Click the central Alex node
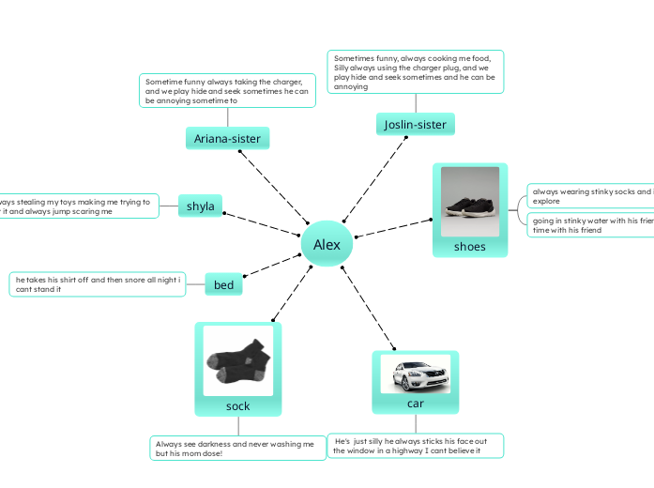(327, 245)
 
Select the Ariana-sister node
(227, 139)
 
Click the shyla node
(201, 206)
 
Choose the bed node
(223, 284)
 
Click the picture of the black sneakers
(470, 201)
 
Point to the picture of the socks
(238, 360)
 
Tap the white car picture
(416, 374)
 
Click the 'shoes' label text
(470, 247)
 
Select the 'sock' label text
(238, 406)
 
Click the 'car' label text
(416, 403)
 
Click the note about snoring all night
(98, 284)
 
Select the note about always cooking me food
(416, 72)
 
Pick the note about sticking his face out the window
(415, 446)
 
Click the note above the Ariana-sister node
(227, 90)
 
